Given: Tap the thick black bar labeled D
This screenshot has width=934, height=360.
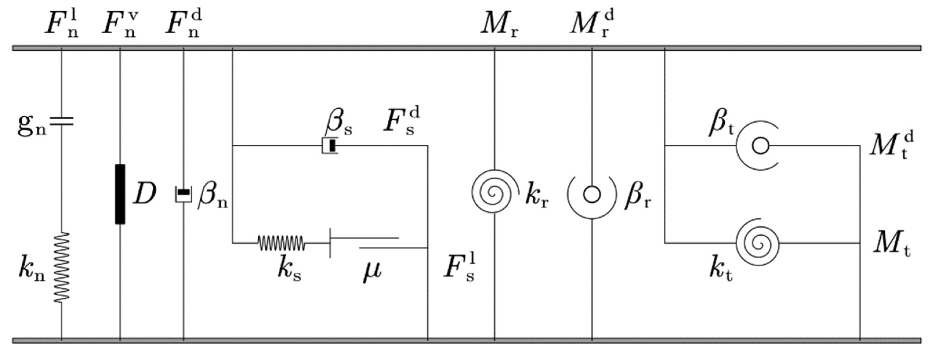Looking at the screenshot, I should (x=120, y=194).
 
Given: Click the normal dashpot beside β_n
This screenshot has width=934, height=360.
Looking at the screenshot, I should (x=184, y=194).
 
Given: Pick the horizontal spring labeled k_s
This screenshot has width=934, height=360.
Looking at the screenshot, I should (x=281, y=243).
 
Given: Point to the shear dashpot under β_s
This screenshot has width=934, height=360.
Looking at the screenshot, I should (x=330, y=146).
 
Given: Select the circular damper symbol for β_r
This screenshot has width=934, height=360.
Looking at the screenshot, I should (x=592, y=195).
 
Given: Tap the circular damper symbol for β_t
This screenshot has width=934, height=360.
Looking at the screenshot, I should (x=760, y=146).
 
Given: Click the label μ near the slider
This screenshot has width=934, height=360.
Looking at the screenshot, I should (x=372, y=271).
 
